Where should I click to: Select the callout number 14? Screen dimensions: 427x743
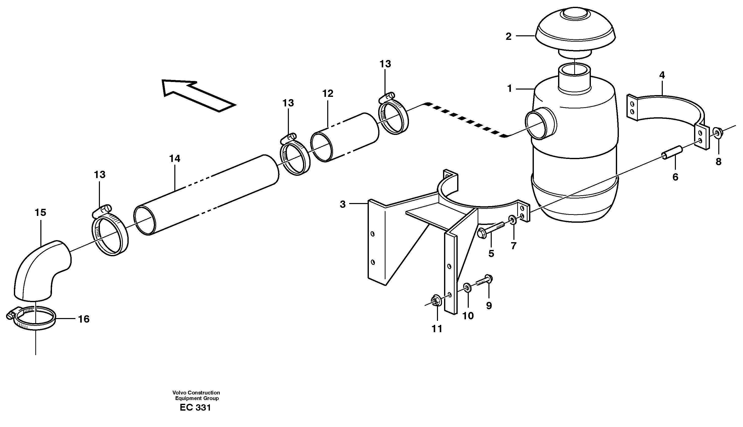click(175, 159)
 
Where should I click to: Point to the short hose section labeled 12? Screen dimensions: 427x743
click(345, 137)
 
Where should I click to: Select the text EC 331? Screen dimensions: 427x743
click(195, 408)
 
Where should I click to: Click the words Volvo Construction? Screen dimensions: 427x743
click(196, 393)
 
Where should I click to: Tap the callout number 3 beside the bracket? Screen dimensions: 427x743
click(343, 204)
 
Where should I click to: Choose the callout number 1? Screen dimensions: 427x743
click(510, 88)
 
